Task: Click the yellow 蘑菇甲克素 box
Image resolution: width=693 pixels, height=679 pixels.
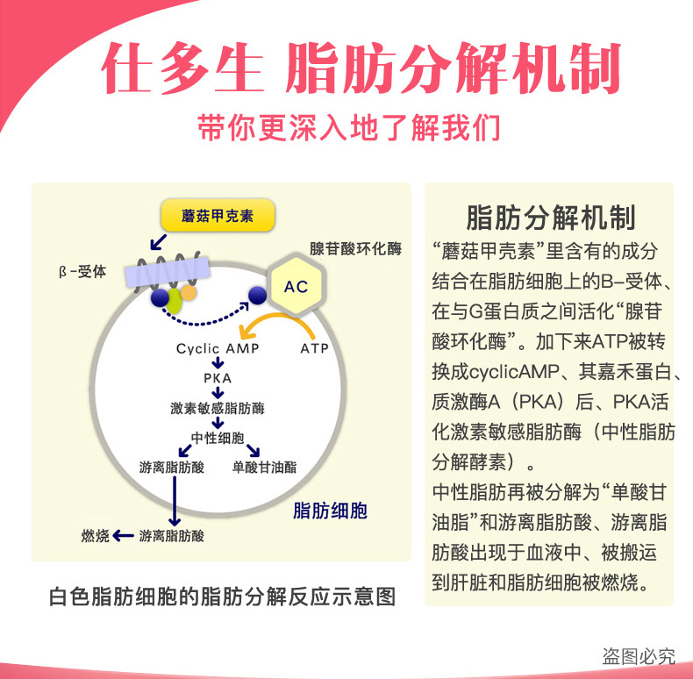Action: [218, 216]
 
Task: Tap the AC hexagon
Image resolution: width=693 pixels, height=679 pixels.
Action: [296, 287]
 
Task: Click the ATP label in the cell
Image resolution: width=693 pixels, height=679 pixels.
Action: [314, 348]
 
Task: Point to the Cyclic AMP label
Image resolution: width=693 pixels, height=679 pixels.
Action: [218, 348]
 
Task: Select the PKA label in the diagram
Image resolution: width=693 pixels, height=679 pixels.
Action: [217, 378]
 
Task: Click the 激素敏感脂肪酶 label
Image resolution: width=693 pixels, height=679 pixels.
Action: [218, 408]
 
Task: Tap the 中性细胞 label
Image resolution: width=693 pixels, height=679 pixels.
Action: [217, 438]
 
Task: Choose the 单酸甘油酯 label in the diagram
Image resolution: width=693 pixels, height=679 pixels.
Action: [264, 468]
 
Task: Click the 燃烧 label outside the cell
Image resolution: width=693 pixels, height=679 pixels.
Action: [95, 536]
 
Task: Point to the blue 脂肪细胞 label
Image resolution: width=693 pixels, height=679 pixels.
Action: [330, 511]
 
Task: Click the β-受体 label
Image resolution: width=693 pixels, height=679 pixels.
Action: [82, 272]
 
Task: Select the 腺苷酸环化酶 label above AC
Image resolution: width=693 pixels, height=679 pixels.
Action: [355, 249]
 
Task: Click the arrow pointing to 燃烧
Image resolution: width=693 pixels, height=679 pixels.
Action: [123, 536]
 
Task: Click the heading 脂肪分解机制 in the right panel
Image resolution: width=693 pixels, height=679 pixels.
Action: [550, 217]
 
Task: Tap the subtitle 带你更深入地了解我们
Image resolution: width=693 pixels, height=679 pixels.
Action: [348, 128]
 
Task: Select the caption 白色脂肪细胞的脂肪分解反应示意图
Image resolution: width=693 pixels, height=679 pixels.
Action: [222, 597]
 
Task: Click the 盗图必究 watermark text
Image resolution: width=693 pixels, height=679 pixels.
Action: [638, 655]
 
